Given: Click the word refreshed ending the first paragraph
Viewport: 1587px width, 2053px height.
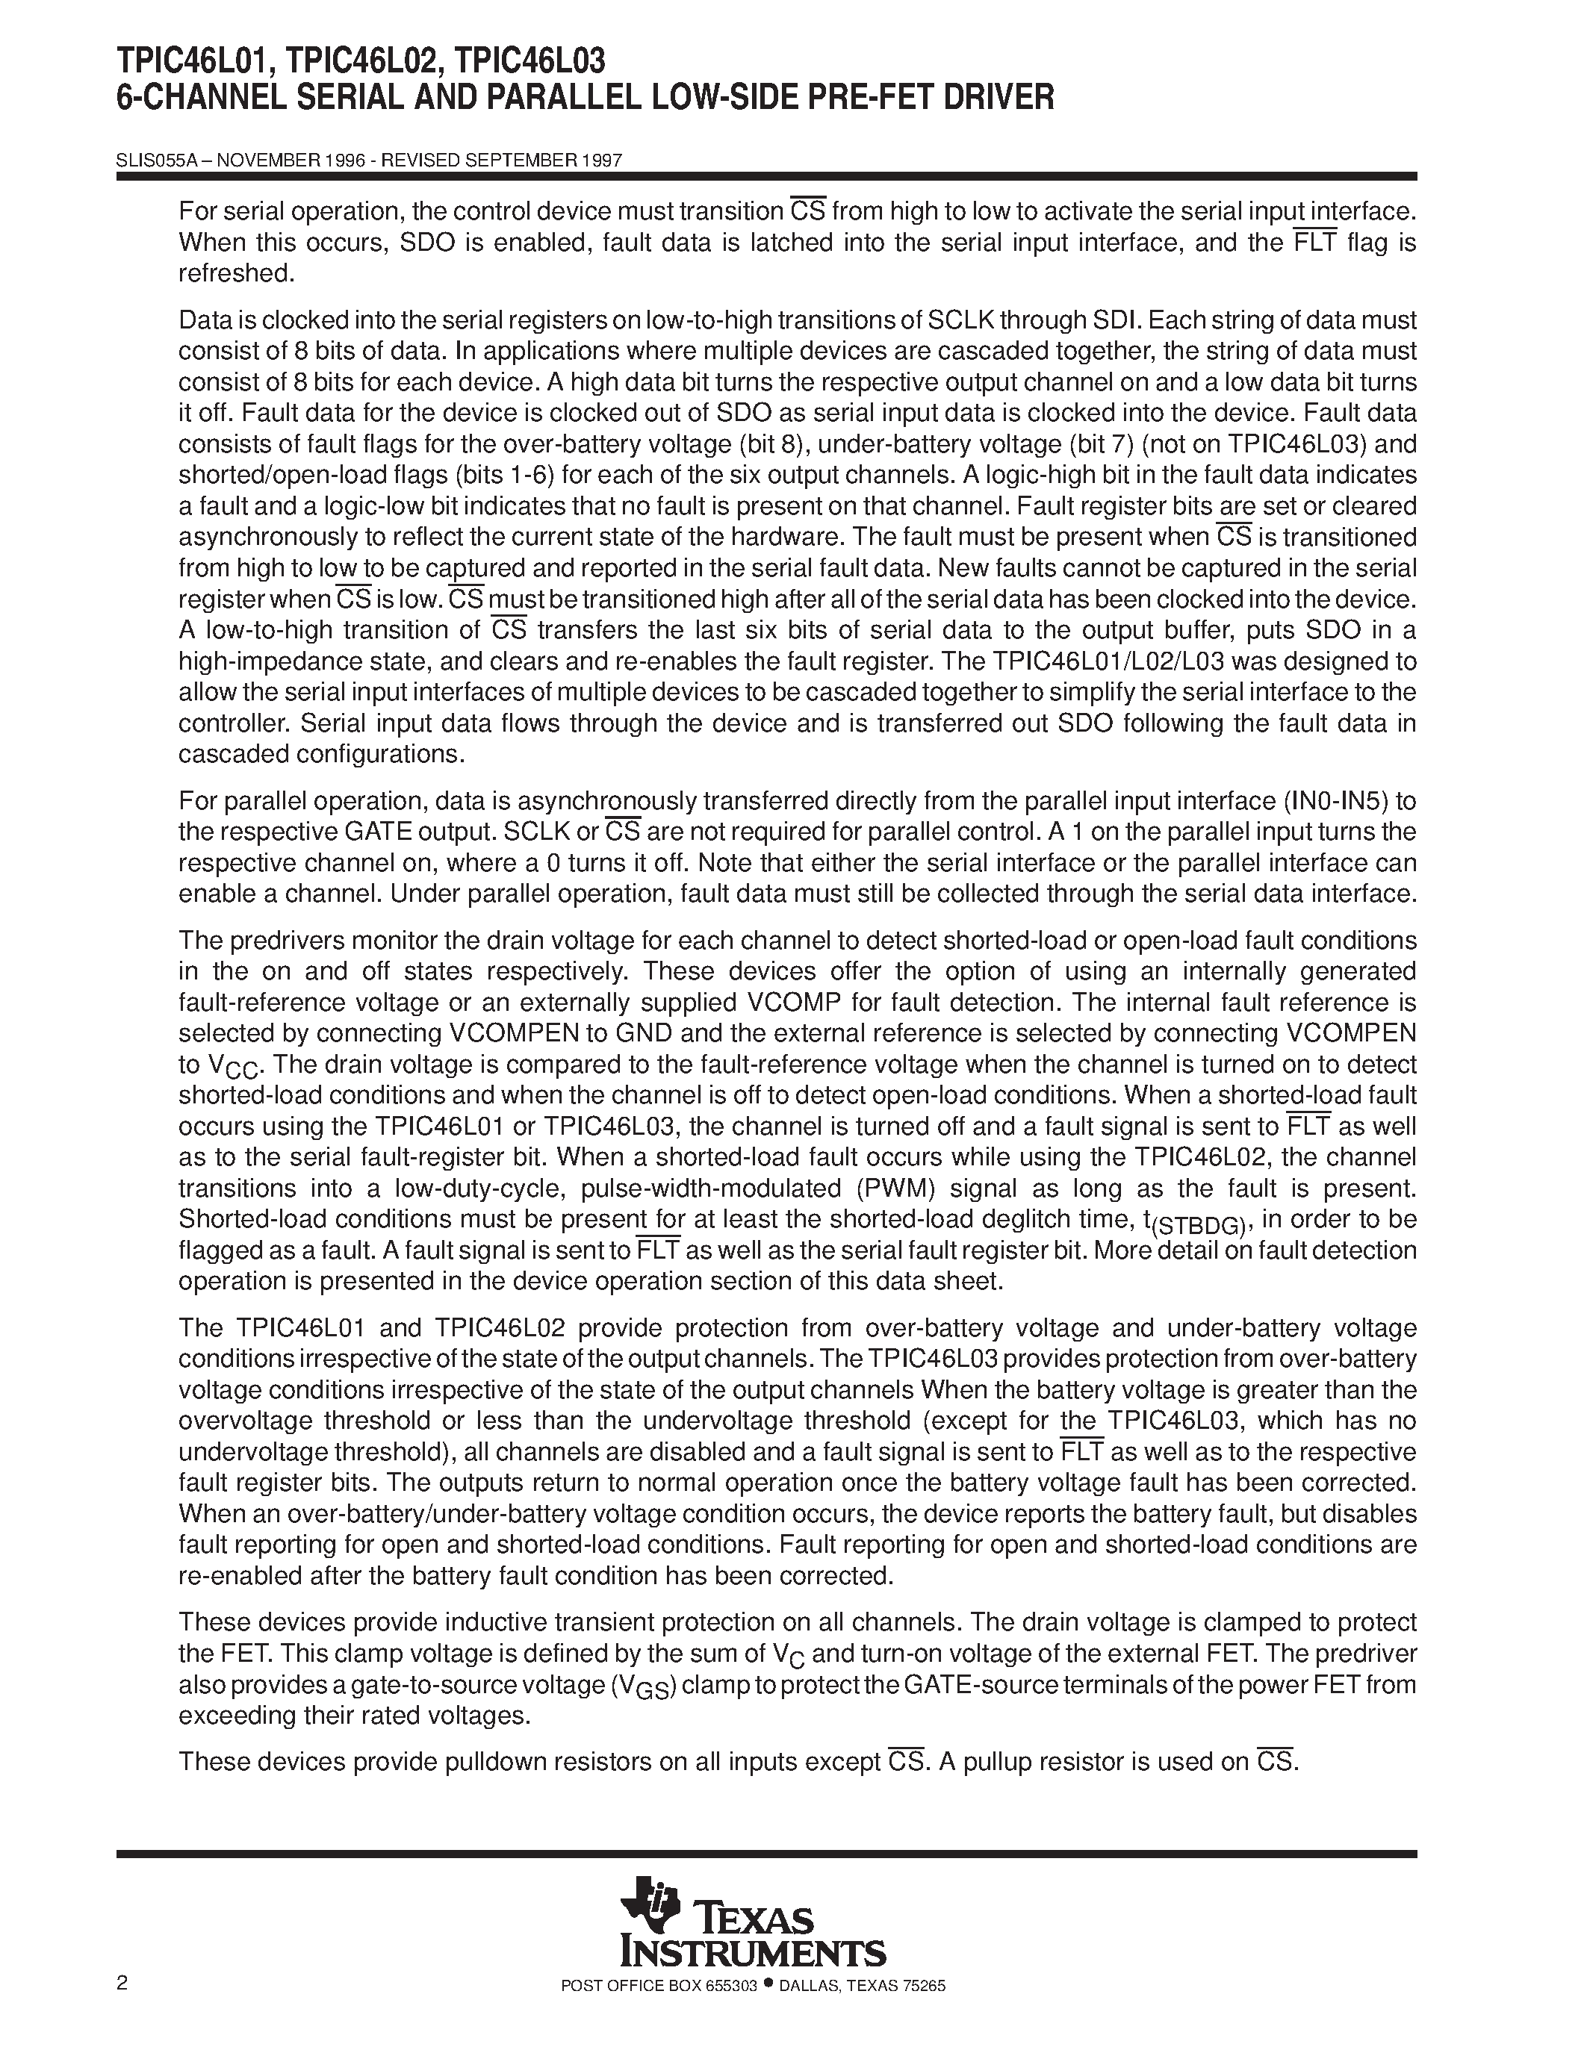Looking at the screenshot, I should [x=236, y=273].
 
